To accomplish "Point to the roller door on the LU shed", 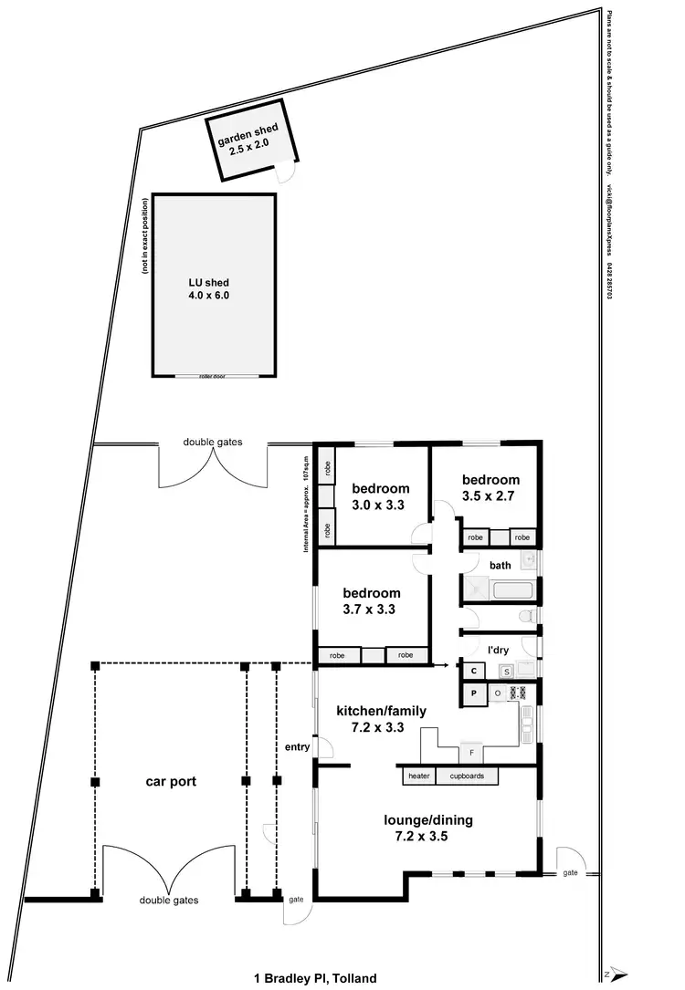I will [214, 376].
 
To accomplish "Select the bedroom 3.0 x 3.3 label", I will [381, 495].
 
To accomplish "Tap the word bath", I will [500, 566].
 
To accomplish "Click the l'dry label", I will [498, 650].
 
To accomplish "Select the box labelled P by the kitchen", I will [473, 693].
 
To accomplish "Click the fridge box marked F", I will [471, 754].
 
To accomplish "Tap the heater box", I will [418, 776].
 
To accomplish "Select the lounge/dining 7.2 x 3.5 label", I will [427, 827].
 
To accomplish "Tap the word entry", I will [298, 747].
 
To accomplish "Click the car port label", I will [171, 782].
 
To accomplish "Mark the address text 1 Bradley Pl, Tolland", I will [315, 978].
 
